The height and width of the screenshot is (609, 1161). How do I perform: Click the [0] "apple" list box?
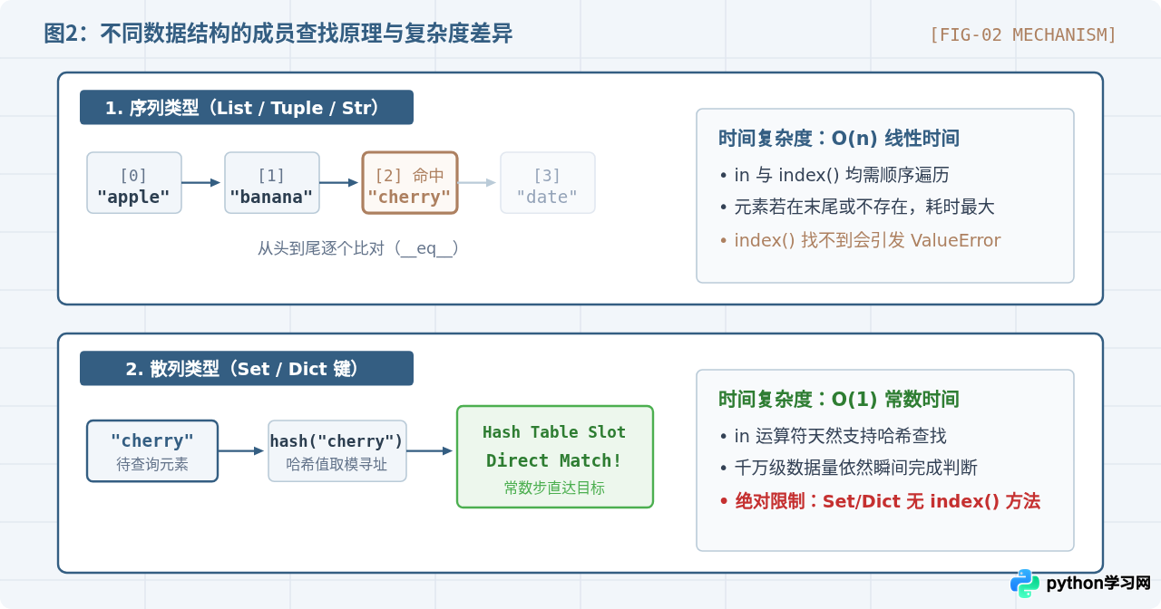coord(134,183)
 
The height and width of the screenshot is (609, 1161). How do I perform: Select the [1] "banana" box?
coord(271,183)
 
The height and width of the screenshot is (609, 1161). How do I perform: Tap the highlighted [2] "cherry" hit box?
coord(409,183)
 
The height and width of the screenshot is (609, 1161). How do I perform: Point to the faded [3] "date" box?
coord(547,183)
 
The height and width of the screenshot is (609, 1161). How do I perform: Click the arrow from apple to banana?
coord(201,182)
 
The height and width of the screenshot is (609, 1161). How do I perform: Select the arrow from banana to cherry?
coord(339,182)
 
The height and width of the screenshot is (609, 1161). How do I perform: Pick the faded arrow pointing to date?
coord(477,182)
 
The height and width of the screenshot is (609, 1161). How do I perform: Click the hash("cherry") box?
coord(337,451)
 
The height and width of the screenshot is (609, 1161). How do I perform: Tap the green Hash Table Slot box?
coord(554,457)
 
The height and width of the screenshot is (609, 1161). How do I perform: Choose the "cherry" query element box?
coord(152,451)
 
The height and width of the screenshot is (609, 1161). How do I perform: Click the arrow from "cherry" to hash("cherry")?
coord(241,450)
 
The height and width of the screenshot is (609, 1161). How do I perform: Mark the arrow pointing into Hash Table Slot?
coord(430,450)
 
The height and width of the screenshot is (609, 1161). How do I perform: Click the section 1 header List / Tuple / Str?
coord(247,107)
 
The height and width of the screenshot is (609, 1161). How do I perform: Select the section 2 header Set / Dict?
coord(247,368)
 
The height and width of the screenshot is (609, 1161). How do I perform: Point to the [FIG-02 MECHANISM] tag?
coord(1022,34)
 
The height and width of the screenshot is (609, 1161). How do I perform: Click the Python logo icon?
coord(1025,584)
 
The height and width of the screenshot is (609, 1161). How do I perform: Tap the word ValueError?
coord(955,240)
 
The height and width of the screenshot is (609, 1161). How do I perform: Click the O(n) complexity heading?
coord(839,139)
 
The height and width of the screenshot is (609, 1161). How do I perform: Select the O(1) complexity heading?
coord(839,400)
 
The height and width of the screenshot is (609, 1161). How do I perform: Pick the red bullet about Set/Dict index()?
coord(880,501)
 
